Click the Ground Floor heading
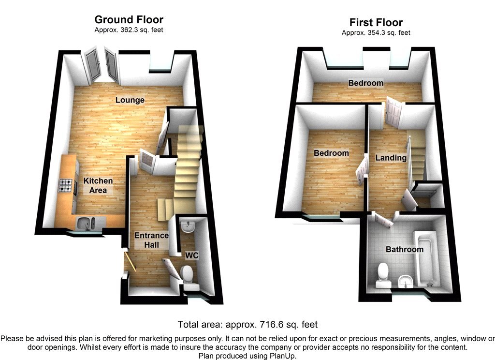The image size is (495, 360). tap(129, 20)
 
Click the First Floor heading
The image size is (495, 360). tap(376, 23)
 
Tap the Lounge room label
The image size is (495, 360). tap(130, 100)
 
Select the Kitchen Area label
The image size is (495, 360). tap(98, 185)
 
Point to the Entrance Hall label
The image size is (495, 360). tap(152, 240)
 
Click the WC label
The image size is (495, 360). tap(192, 255)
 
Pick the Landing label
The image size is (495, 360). tap(391, 158)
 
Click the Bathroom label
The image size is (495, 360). tap(404, 250)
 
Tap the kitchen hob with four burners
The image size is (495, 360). tap(66, 186)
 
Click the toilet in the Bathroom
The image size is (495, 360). tap(383, 272)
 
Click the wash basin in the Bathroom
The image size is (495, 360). tap(405, 280)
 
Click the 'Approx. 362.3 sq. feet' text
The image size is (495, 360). tap(129, 30)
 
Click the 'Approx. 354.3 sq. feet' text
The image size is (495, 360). tap(376, 33)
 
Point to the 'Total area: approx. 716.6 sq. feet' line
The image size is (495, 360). tap(247, 324)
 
